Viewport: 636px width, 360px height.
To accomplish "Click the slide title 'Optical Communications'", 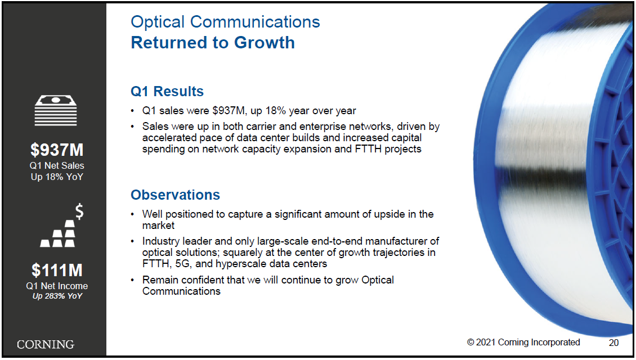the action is coord(225,22).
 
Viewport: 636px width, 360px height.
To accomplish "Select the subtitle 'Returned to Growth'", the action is coord(213,43).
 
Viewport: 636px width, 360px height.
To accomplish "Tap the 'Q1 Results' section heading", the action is coord(167,92).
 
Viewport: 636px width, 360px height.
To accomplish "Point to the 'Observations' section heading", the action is coord(175,195).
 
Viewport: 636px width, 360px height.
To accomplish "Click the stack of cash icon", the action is coord(56,110).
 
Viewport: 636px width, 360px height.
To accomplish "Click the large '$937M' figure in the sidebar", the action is coord(57,150).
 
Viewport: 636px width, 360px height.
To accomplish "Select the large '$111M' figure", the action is coord(57,271).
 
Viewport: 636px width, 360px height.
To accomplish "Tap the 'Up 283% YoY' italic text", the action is coord(57,296).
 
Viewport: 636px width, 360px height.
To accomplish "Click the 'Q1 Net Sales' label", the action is coord(57,166).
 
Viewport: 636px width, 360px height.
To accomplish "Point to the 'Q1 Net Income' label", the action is coord(57,286).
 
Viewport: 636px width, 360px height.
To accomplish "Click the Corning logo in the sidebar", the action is coord(46,345).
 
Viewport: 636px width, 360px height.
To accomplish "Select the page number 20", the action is coord(613,343).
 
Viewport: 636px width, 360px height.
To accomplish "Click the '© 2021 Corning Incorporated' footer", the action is coord(523,342).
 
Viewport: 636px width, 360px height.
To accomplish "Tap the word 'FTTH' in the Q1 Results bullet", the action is coord(368,149).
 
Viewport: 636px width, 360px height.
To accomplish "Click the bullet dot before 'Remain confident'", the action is coord(132,280).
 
